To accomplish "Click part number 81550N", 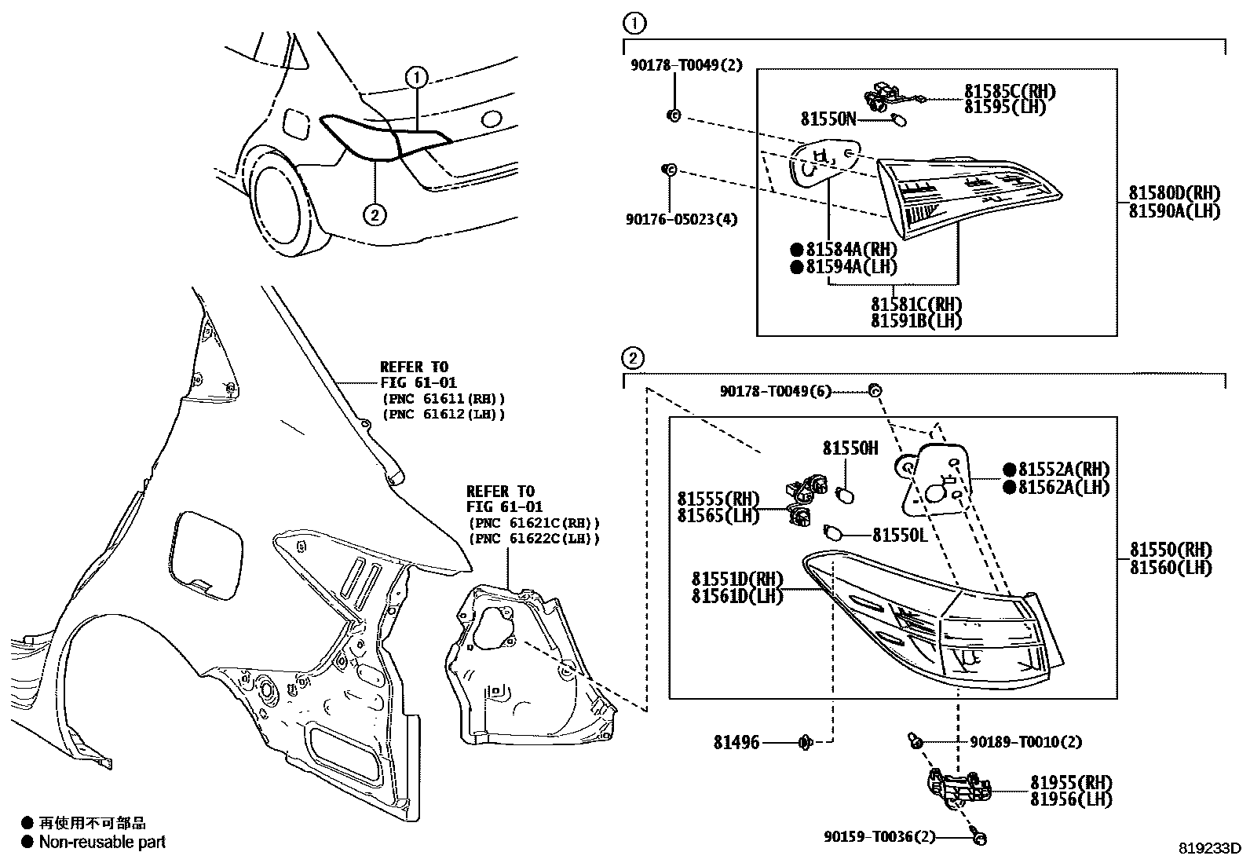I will (828, 119).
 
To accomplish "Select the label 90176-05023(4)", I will (682, 219).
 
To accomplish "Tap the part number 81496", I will (736, 742).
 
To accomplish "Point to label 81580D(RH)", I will (1175, 193).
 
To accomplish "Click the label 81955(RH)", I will (1071, 783).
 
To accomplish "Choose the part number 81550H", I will (850, 448).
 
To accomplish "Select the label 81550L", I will (900, 535).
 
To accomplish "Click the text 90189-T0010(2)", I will (1025, 742).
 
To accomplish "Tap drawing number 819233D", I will (1209, 848).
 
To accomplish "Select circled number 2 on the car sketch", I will (375, 214).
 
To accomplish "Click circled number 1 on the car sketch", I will (416, 77).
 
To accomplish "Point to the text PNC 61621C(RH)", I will (533, 523).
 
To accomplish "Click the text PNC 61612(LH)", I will (444, 414).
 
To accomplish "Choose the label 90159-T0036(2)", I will (880, 837).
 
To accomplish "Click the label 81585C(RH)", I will (1009, 92).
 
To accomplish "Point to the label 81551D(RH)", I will (736, 579).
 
